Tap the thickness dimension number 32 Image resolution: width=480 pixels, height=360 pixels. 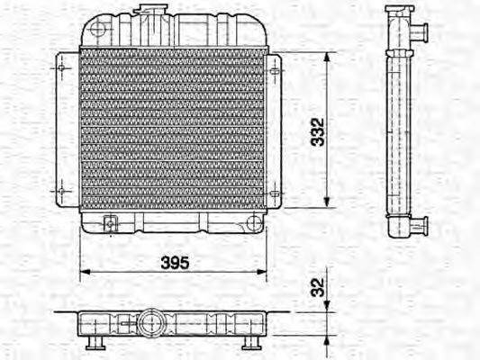[x=314, y=287]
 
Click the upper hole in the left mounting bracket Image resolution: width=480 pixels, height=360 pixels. [x=60, y=66]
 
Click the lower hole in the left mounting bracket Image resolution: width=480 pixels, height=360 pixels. [x=60, y=191]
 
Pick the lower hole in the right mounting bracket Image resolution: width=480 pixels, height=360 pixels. [x=274, y=192]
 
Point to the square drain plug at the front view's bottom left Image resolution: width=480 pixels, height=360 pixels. [x=111, y=224]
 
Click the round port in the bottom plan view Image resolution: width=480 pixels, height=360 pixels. [x=148, y=321]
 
